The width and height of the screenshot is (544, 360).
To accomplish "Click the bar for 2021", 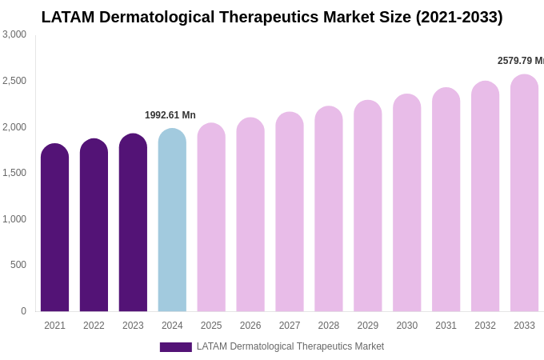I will click(x=54, y=228).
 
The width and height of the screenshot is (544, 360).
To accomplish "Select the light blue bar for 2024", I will click(x=172, y=220).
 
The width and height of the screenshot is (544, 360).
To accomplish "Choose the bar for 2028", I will click(x=328, y=209).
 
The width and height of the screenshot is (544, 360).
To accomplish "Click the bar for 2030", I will click(x=406, y=203).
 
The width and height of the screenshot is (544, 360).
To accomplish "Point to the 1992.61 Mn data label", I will click(x=170, y=115).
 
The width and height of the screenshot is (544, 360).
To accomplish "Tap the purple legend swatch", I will click(x=175, y=347).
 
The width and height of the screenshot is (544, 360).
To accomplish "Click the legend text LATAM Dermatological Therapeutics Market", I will click(x=290, y=346).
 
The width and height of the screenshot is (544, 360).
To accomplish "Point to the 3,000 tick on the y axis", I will click(x=14, y=34).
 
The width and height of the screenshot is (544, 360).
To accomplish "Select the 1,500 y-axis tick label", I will click(x=14, y=173).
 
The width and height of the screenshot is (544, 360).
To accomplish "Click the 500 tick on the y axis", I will click(x=18, y=265).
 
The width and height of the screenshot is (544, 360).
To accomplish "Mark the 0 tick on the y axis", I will click(x=23, y=311).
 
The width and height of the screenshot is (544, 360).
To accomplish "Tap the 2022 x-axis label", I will click(x=94, y=326).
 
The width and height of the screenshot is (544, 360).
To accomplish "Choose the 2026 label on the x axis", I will click(x=250, y=326).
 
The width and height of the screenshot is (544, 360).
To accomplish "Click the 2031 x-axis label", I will click(x=446, y=326).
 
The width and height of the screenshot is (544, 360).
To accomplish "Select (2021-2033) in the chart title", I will click(x=458, y=17).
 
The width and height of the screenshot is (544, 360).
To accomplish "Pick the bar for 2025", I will click(x=211, y=218).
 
